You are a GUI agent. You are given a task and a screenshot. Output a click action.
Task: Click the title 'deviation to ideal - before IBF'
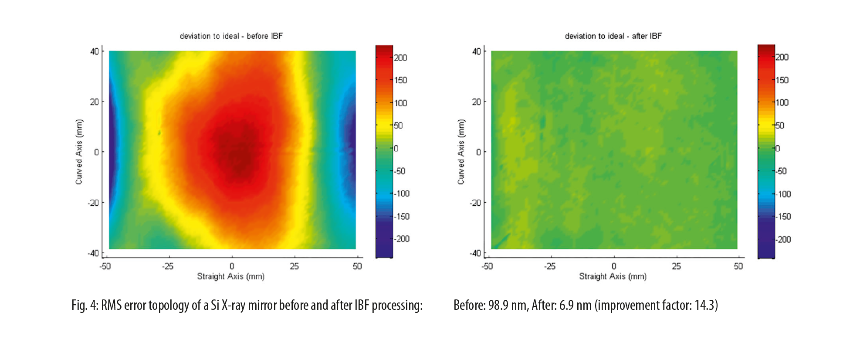click(x=231, y=36)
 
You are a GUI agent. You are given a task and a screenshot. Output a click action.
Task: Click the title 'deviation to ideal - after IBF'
click(x=613, y=36)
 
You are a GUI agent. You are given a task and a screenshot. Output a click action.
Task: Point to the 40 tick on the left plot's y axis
click(x=95, y=51)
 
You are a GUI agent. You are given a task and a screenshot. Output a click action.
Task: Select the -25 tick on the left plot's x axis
click(x=168, y=266)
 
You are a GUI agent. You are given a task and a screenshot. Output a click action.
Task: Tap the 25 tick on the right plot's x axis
click(x=676, y=266)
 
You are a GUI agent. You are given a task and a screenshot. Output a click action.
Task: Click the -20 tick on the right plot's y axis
click(x=475, y=203)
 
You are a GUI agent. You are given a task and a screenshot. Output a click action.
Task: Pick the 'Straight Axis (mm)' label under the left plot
click(x=230, y=276)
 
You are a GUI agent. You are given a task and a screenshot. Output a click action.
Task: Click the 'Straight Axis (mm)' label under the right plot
click(x=613, y=276)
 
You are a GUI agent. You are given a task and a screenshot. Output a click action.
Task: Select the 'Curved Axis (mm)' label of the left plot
click(x=79, y=152)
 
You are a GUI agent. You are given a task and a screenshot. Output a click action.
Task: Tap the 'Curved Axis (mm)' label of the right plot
click(x=461, y=152)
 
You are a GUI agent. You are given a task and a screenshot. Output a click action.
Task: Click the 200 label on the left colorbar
click(x=400, y=58)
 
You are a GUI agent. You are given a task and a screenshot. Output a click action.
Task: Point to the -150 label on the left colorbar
click(x=401, y=216)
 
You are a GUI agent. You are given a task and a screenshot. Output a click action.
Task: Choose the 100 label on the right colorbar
click(x=782, y=102)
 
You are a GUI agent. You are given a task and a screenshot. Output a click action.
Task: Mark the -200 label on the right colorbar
click(x=783, y=239)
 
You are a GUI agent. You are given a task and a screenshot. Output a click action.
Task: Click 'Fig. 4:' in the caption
click(x=85, y=305)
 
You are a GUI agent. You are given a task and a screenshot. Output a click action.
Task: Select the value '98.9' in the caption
click(x=498, y=305)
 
